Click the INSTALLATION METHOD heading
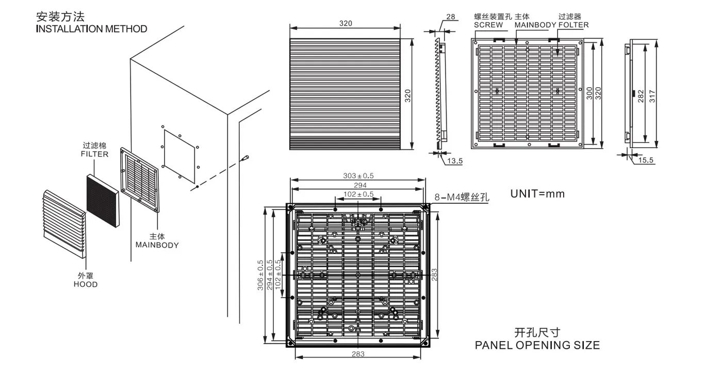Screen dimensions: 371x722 pos(91,29)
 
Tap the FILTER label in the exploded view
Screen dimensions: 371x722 pos(94,154)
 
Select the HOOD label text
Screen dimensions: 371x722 pos(85,284)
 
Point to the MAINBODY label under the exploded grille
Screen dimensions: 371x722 pos(157,245)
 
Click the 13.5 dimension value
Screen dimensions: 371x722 pos(455,161)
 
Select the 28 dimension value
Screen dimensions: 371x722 pos(451,17)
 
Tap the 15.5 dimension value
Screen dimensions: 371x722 pos(646,160)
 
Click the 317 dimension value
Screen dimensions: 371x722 pos(652,93)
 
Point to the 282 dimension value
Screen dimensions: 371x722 pos(641,96)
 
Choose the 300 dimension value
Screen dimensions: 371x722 pos(589,93)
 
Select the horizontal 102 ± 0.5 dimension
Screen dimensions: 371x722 pos(358,194)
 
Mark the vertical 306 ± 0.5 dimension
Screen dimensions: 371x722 pos(260,275)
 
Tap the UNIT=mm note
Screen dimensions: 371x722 pos(537,194)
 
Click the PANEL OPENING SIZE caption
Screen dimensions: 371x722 pos(537,345)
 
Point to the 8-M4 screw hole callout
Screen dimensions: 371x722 pos(462,197)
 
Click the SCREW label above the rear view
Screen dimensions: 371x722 pos(488,25)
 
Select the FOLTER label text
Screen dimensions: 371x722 pos(573,25)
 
